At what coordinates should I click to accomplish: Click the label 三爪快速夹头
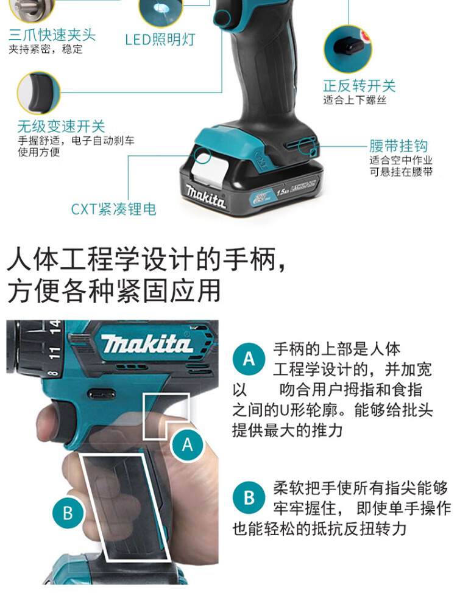pyautogui.click(x=52, y=35)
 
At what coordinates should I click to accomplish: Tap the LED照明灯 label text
pyautogui.click(x=160, y=40)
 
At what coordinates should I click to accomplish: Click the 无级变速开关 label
pyautogui.click(x=61, y=127)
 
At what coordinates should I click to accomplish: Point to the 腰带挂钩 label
pyautogui.click(x=399, y=146)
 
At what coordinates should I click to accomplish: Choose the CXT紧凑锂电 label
pyautogui.click(x=113, y=209)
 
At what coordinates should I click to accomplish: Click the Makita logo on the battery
pyautogui.click(x=206, y=195)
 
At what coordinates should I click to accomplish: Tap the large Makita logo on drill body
pyautogui.click(x=146, y=345)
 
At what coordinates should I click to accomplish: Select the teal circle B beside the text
pyautogui.click(x=249, y=497)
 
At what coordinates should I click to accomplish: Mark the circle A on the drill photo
pyautogui.click(x=187, y=445)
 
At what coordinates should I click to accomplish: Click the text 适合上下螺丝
pyautogui.click(x=355, y=100)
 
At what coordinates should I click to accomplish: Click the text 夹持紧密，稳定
pyautogui.click(x=46, y=49)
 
